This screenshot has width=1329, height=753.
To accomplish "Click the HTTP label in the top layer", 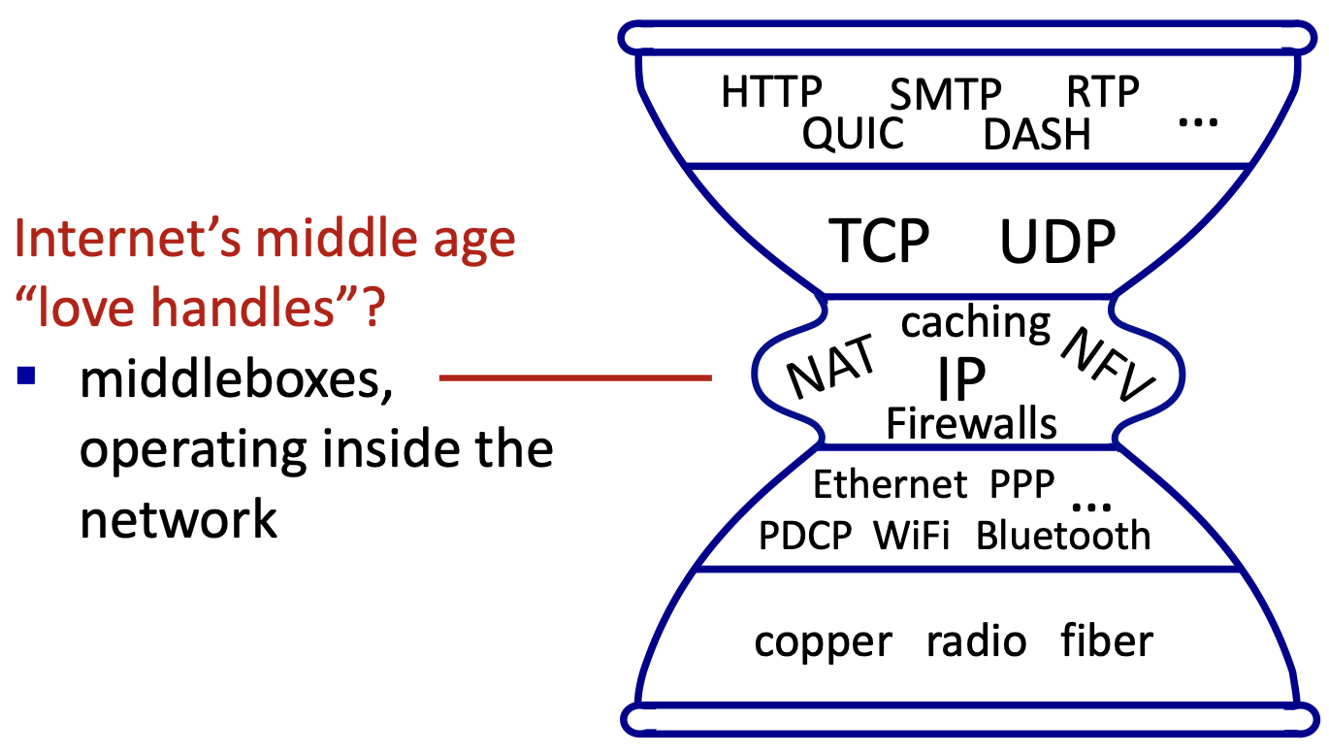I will pos(771,92).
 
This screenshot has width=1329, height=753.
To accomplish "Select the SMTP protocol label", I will pos(945,95).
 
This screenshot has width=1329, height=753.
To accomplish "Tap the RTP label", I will pos(1102,92).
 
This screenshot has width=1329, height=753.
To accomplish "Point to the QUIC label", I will pos(853,134).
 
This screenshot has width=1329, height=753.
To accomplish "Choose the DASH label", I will pos(1037,135).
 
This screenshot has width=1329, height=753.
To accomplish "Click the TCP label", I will pos(880,241).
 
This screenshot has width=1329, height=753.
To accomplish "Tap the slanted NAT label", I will pos(830,368).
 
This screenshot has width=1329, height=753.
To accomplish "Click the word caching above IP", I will pos(975,323).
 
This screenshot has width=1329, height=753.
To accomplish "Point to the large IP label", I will pos(961,379).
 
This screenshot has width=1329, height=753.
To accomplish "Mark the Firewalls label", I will pos(971,423).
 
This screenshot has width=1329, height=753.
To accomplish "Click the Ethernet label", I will pos(890,483).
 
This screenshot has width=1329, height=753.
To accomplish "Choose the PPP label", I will pos(1021,483).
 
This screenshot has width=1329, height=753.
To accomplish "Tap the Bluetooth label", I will pos(1063,535).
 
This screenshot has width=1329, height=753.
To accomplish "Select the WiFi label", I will pos(911,535).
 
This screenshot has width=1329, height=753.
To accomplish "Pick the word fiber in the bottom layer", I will pos(1106,640).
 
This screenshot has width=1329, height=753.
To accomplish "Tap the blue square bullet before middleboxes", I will pos(26,375).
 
